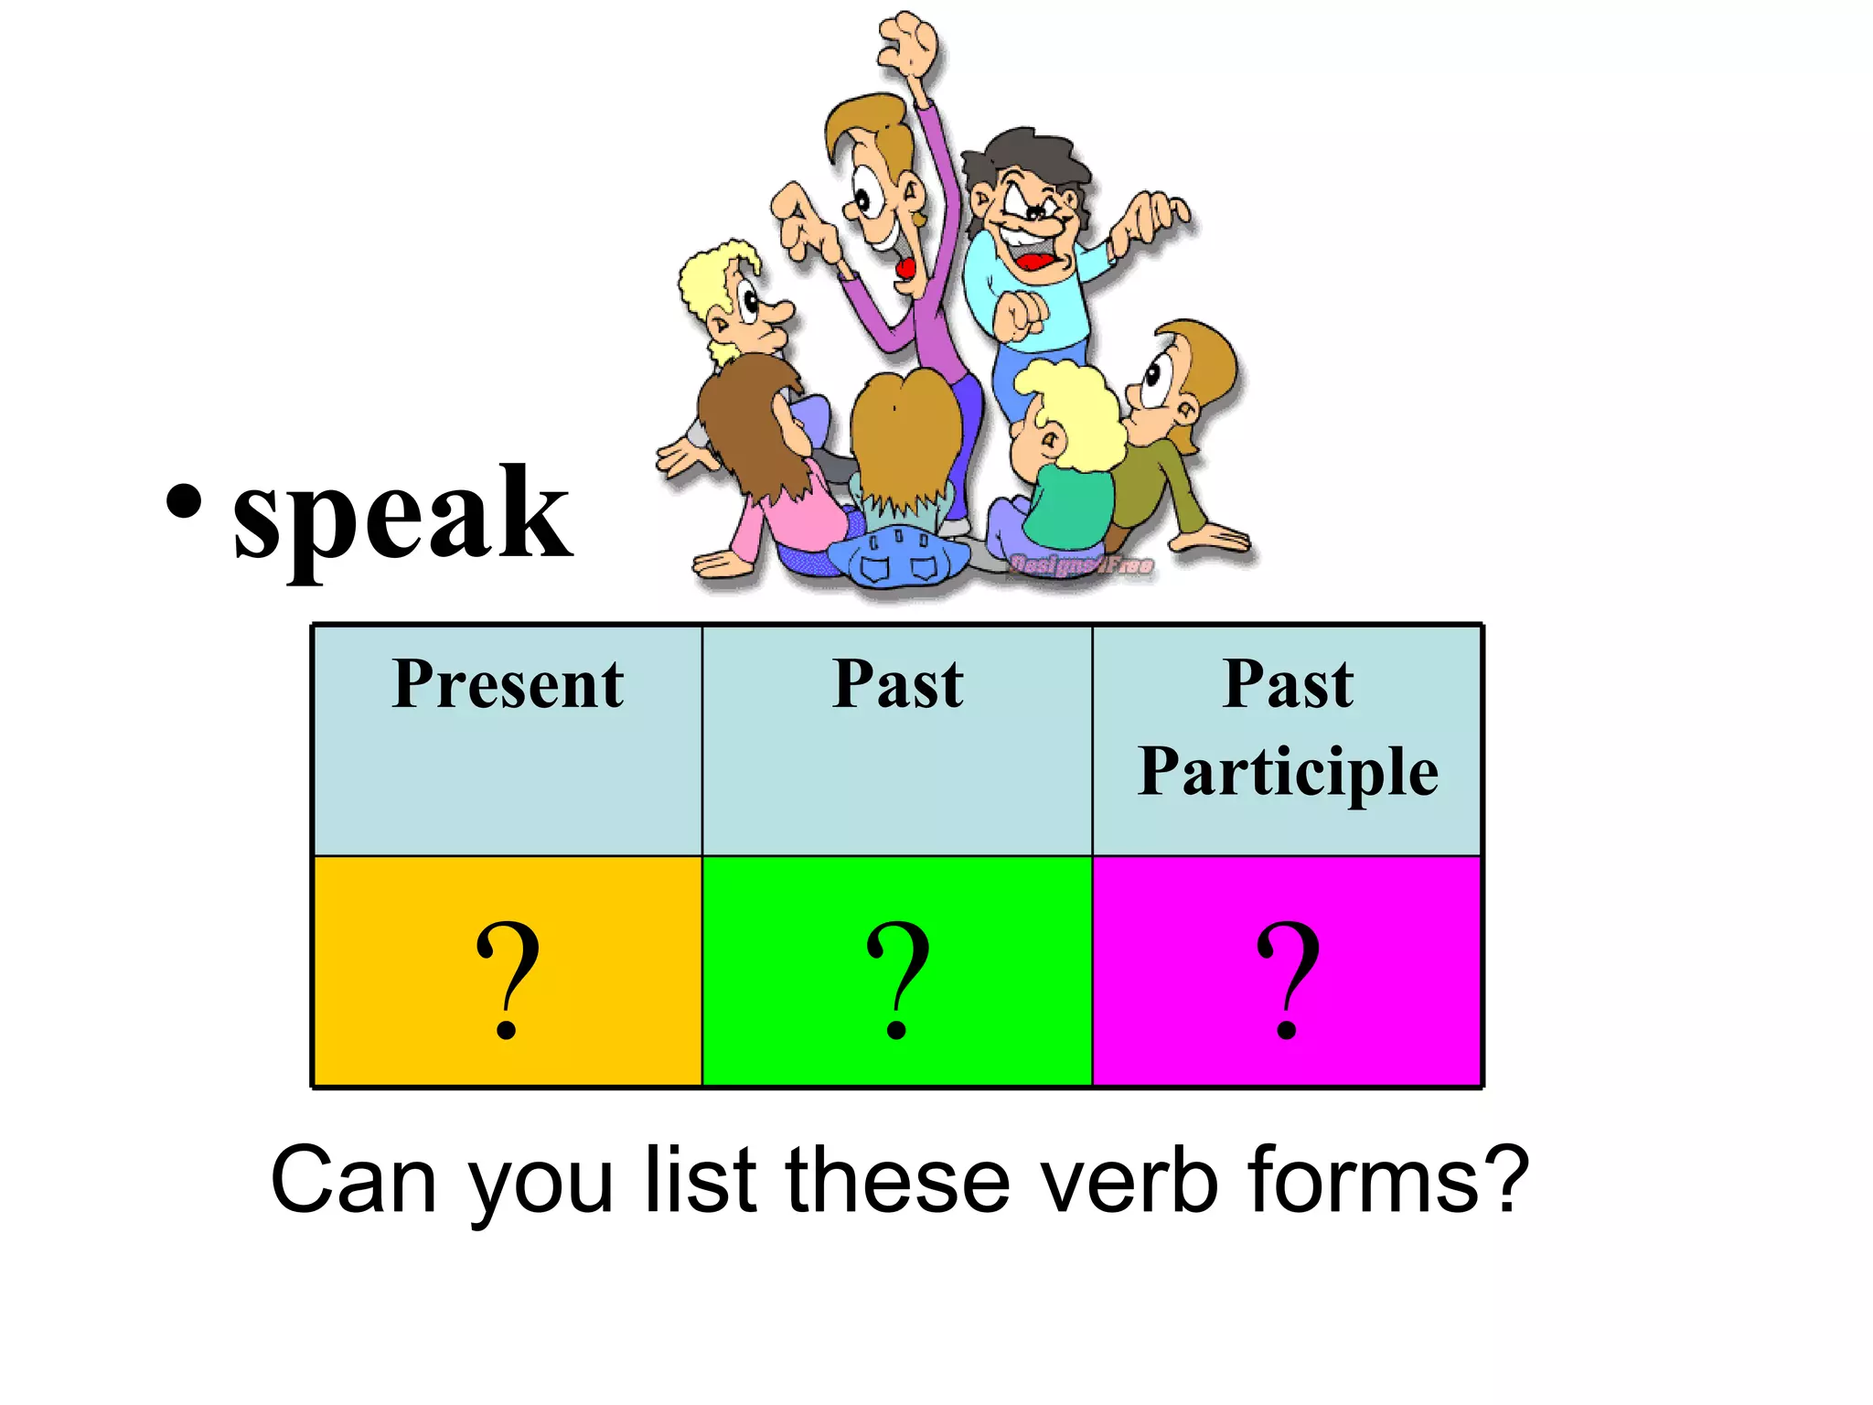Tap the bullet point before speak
[x=184, y=501]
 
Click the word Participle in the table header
[x=1288, y=773]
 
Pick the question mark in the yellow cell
[x=508, y=979]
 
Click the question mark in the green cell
[x=897, y=979]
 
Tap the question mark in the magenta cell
[x=1288, y=979]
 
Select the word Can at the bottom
[x=353, y=1180]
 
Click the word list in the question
[x=701, y=1180]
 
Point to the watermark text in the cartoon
[x=1081, y=565]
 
